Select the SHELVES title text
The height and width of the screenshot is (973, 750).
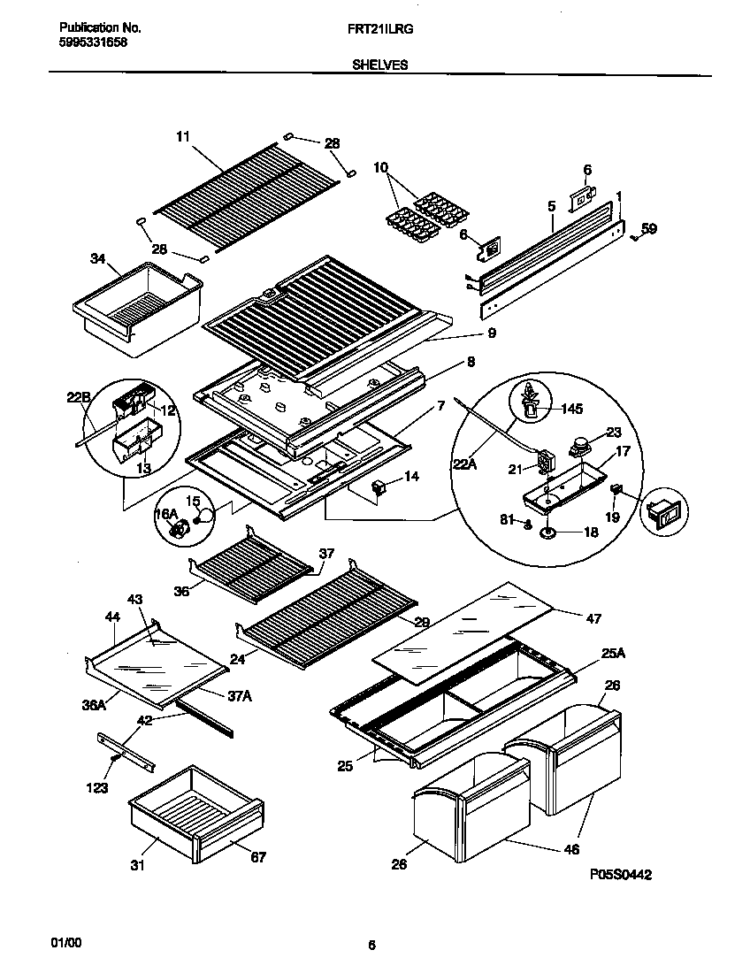(379, 65)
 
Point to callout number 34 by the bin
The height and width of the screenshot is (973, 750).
(97, 258)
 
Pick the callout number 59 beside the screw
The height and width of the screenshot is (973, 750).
(648, 229)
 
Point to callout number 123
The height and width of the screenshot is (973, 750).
(98, 787)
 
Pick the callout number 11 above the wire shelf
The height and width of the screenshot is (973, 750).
(183, 136)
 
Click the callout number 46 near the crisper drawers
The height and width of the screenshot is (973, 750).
(571, 849)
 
